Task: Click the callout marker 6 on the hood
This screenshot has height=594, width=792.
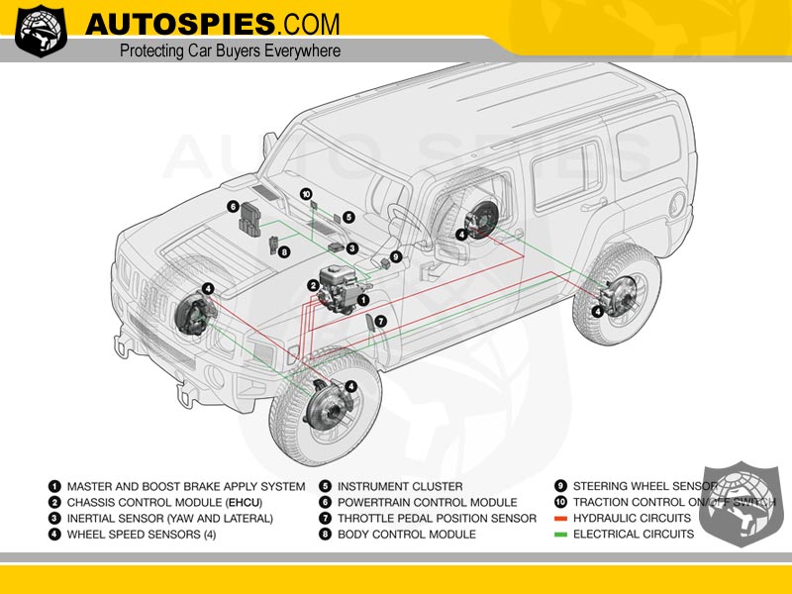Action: (x=233, y=207)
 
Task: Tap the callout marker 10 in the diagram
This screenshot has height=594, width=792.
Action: (x=306, y=194)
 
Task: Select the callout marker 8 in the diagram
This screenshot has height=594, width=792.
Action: (x=284, y=252)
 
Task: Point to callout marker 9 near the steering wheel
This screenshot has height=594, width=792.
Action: (x=396, y=256)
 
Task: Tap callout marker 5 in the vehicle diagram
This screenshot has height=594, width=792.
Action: (x=349, y=216)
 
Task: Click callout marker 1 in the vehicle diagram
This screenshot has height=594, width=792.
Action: (x=363, y=298)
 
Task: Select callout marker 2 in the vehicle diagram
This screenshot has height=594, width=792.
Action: (x=313, y=285)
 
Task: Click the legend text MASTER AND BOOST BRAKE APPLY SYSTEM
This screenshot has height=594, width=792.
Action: (x=185, y=486)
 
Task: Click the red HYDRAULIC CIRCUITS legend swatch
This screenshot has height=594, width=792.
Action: (x=559, y=519)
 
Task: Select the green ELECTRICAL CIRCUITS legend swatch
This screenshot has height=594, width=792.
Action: (x=559, y=535)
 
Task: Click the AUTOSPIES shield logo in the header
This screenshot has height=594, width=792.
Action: (x=42, y=31)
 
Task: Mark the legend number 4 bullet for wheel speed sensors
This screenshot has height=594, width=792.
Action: (x=53, y=535)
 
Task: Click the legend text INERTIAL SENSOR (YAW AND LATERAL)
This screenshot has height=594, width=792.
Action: (x=169, y=519)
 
